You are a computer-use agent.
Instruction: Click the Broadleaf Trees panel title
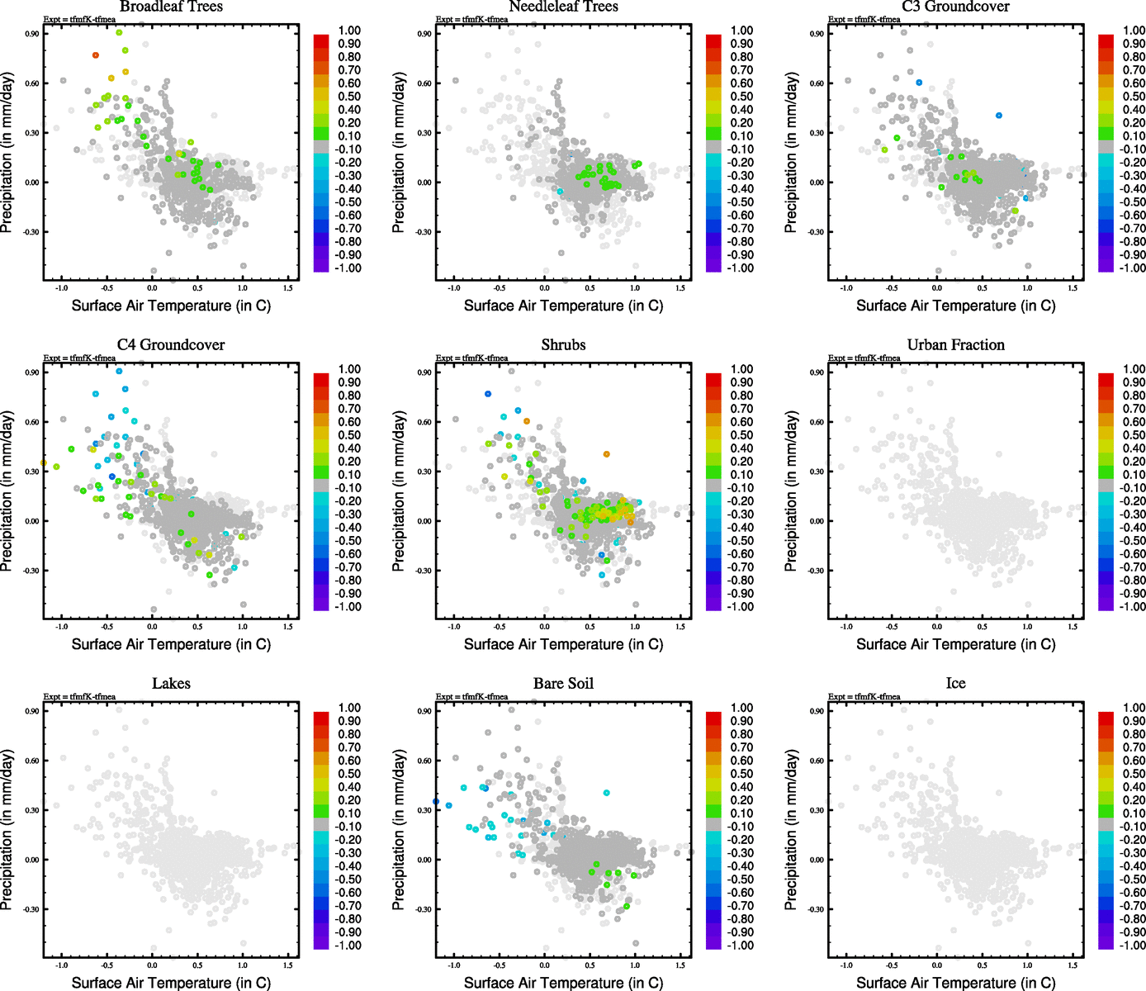click(x=171, y=7)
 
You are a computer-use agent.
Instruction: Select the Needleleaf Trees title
click(x=563, y=7)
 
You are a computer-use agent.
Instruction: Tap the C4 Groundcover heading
click(x=171, y=345)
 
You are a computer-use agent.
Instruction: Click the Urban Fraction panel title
click(x=955, y=345)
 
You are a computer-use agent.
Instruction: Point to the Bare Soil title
click(x=563, y=684)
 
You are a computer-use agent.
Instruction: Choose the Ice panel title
click(x=955, y=684)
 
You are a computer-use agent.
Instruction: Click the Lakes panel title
click(x=171, y=684)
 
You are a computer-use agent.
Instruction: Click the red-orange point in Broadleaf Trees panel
click(x=96, y=55)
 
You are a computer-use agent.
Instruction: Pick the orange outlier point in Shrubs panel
click(x=606, y=454)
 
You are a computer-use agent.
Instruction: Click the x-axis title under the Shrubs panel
click(x=563, y=644)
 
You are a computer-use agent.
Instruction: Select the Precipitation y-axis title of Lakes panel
click(x=7, y=830)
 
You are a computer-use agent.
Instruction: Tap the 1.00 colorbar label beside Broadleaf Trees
click(x=349, y=31)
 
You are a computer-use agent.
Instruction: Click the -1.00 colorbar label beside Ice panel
click(x=1132, y=946)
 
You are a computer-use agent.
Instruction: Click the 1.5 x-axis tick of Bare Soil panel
click(x=680, y=965)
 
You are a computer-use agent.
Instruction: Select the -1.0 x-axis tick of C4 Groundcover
click(x=61, y=627)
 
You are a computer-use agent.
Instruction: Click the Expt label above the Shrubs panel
click(x=471, y=358)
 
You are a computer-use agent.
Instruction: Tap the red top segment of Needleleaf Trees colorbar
click(x=713, y=40)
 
